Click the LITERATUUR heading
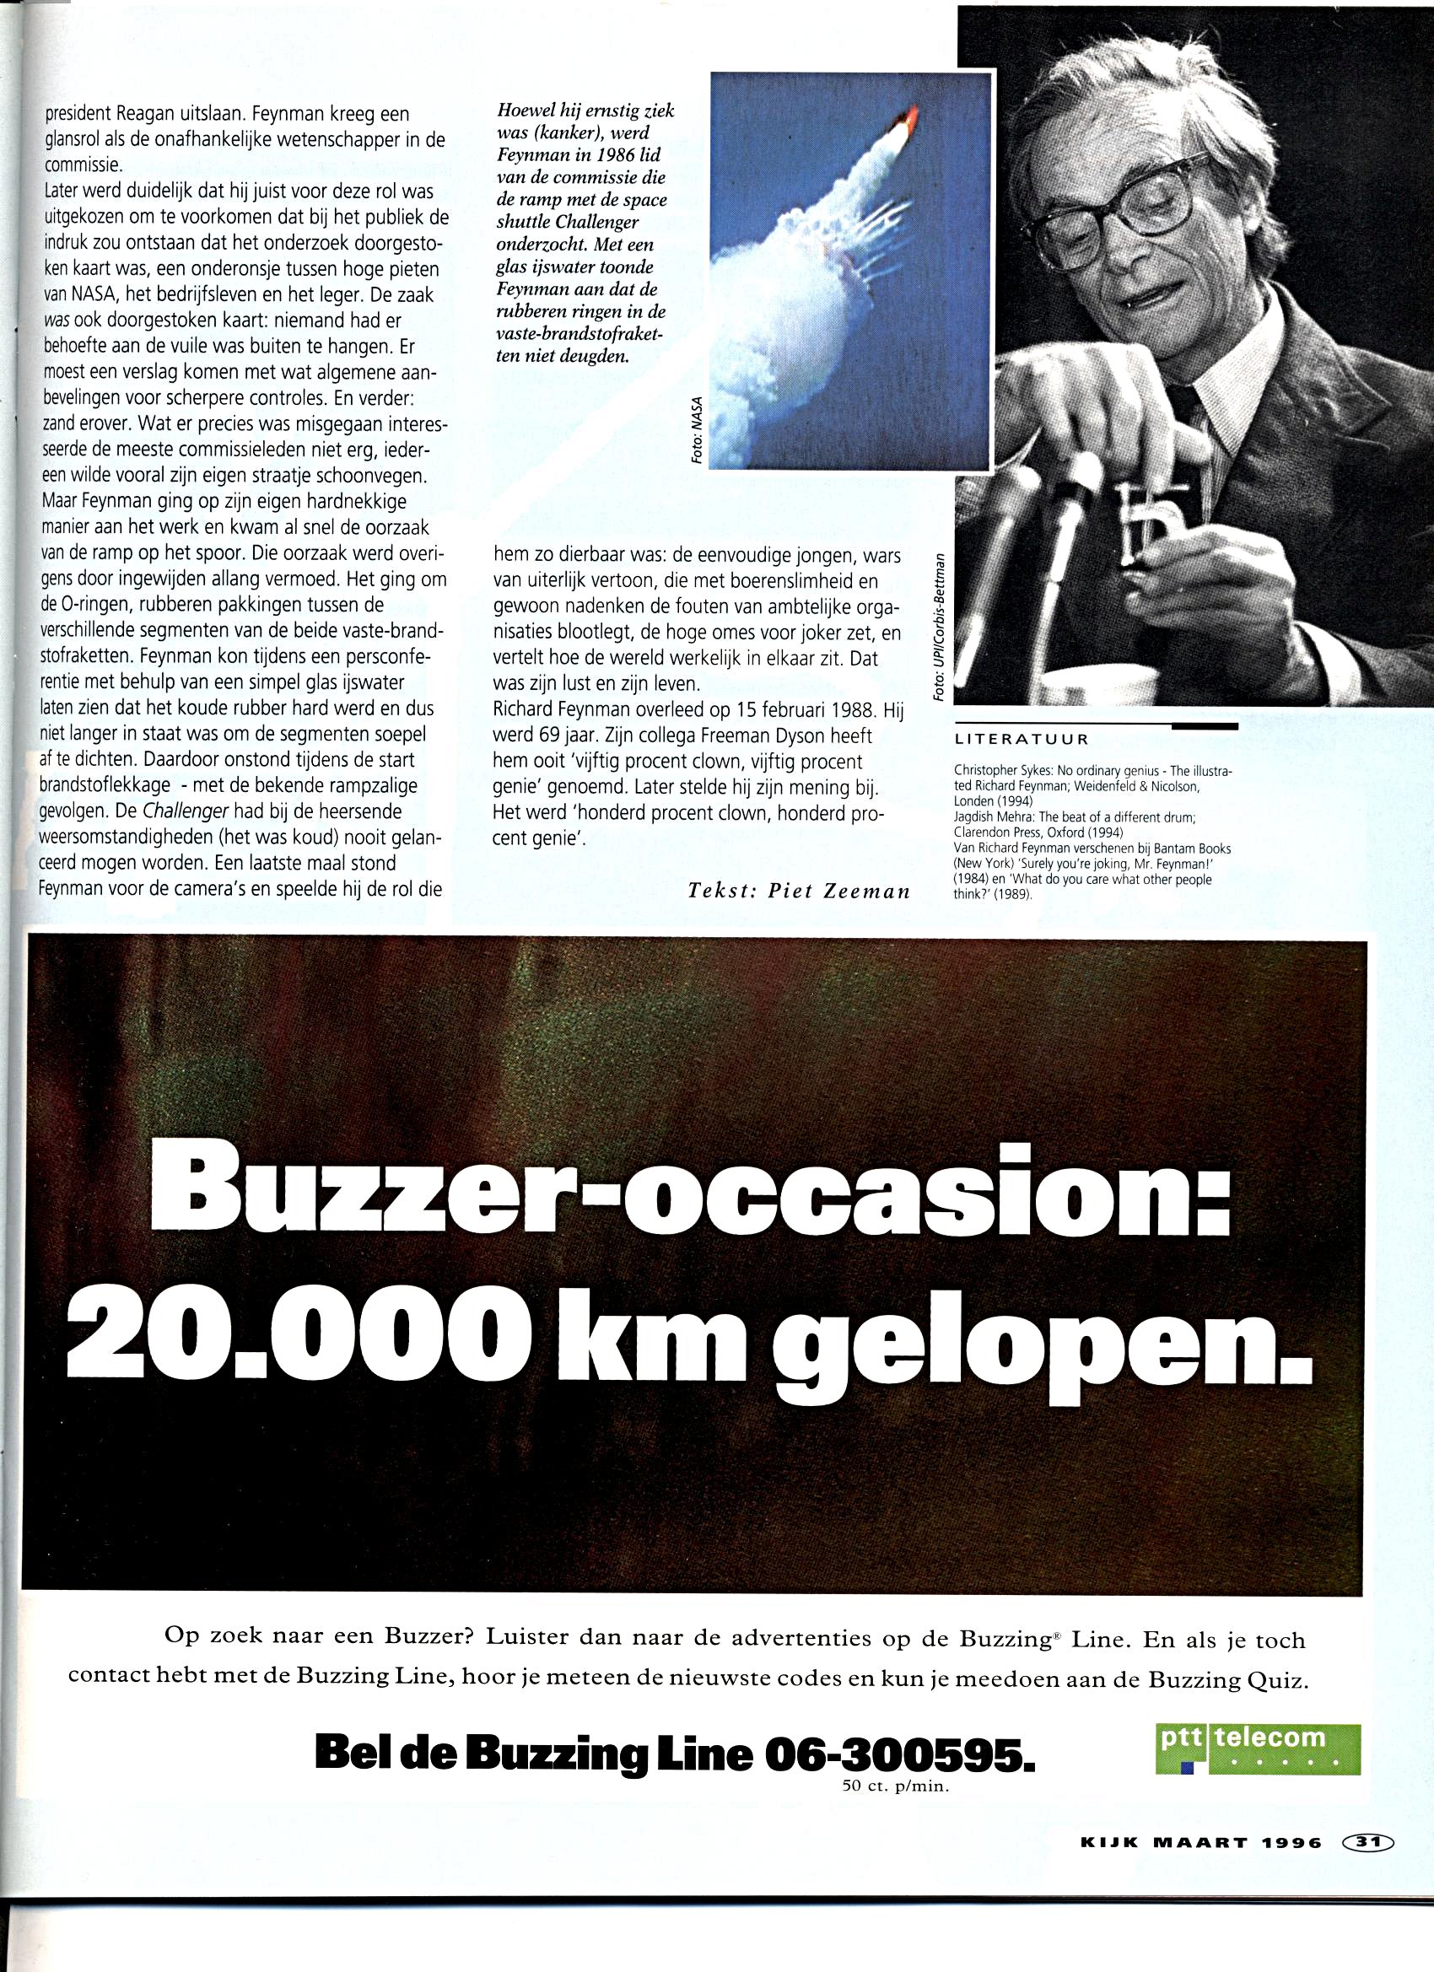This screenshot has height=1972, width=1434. click(1022, 740)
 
